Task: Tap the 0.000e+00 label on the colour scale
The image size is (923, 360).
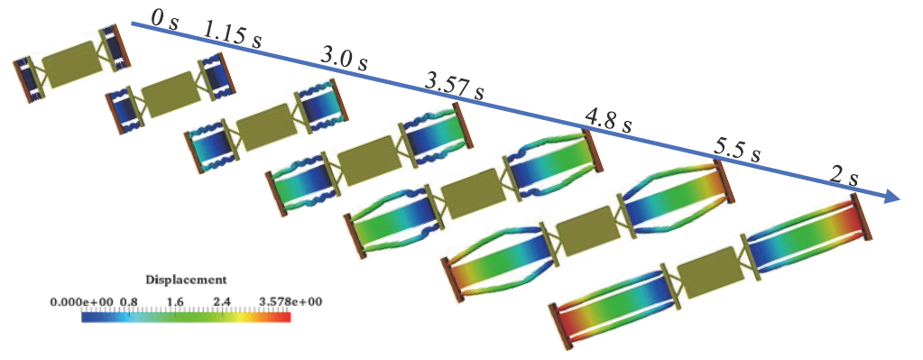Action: tap(82, 299)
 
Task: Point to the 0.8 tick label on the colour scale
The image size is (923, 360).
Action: tap(127, 299)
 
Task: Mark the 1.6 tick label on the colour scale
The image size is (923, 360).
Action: tap(176, 299)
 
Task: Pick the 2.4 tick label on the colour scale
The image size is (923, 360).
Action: tap(221, 299)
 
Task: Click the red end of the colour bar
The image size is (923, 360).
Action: tap(285, 317)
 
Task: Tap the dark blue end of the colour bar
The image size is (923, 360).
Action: tap(87, 317)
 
